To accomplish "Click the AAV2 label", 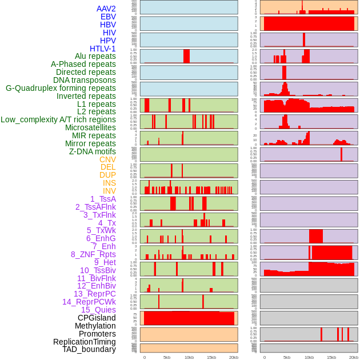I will (x=106, y=9).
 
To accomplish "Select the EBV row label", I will (x=107, y=17).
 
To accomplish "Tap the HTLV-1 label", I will (x=103, y=49).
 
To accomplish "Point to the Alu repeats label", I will (x=95, y=57).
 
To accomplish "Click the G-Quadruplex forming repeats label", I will (x=61, y=88).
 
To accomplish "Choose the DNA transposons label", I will (x=85, y=80).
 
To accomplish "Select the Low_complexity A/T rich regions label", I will (x=58, y=119).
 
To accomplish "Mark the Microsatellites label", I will (x=90, y=127).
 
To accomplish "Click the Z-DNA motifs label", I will (x=92, y=151).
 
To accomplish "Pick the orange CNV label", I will (x=107, y=159).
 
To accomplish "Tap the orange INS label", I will (x=109, y=183).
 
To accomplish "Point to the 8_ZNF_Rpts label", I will (x=93, y=254).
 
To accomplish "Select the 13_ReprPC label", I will (x=94, y=294).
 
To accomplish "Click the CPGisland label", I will (x=97, y=318).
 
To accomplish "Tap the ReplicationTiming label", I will (x=84, y=342).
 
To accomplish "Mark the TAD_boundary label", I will (x=89, y=349).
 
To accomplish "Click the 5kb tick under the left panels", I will (x=167, y=357).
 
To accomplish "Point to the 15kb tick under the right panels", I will (x=331, y=357).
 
